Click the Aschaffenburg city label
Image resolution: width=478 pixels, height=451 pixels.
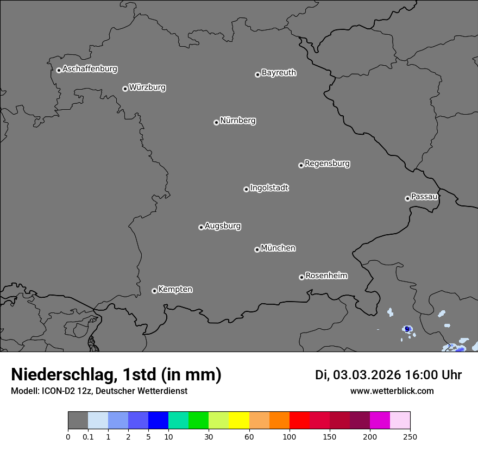[x=90, y=69]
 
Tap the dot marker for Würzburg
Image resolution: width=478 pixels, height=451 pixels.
[x=125, y=89]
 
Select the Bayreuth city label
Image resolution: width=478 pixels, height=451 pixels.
[x=279, y=73]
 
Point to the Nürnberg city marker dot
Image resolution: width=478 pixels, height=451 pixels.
[x=216, y=122]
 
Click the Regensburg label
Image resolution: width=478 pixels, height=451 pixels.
[x=327, y=164]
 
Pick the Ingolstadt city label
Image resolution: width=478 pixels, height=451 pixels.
[x=269, y=188]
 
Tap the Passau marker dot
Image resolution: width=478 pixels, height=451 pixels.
[x=407, y=198]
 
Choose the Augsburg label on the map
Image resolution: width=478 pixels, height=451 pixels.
[x=223, y=226]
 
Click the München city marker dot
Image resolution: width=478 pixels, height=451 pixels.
[x=257, y=249]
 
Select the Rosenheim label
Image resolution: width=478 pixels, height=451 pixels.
[x=326, y=276]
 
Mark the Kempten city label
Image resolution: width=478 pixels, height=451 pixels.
[x=175, y=290]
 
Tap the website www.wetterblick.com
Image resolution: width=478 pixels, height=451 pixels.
[x=392, y=391]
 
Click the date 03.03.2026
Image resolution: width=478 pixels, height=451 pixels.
[x=367, y=375]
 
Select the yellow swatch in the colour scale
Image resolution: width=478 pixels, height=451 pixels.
[x=239, y=421]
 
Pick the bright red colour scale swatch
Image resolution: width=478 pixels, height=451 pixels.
[x=299, y=421]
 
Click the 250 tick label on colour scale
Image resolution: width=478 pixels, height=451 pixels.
[x=410, y=436]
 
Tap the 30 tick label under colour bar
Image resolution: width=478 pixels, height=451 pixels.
[x=209, y=436]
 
